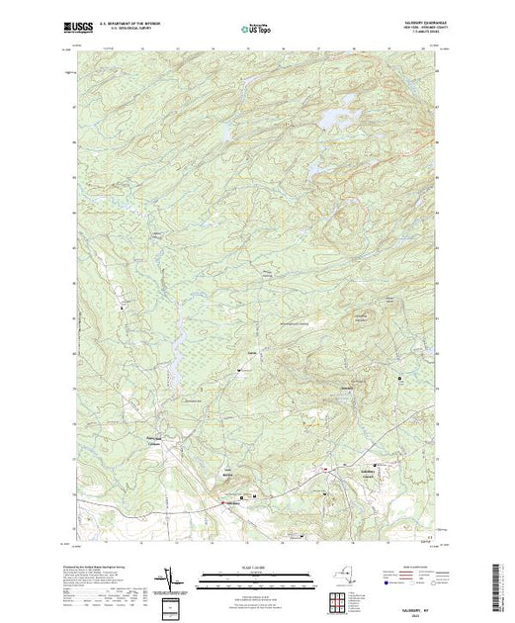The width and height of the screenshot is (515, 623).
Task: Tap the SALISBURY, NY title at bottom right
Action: point(415,599)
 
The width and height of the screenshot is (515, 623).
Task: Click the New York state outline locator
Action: point(342,576)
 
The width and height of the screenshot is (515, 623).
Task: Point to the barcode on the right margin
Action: point(499,583)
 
